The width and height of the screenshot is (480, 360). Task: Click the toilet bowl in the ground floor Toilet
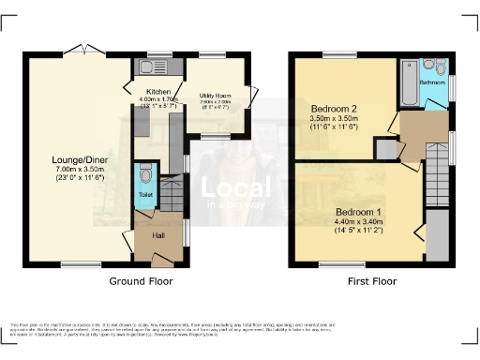click(x=145, y=175)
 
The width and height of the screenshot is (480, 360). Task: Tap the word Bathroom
click(x=432, y=82)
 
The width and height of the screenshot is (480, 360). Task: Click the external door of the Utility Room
click(x=254, y=96)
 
